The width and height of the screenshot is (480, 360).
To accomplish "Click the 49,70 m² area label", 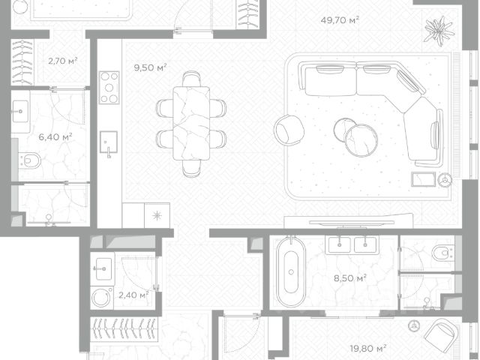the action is coord(340,20).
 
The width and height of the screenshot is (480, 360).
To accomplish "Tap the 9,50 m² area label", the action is coord(150,67).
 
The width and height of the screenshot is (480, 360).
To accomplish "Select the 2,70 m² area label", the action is coord(63,61).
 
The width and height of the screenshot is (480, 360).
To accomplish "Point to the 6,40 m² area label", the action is coord(55,136).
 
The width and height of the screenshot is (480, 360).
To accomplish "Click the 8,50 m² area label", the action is coord(350,278).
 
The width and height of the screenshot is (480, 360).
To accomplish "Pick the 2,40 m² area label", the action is coord(133,295).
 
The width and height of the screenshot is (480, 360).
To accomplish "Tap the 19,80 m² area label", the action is coord(368,348).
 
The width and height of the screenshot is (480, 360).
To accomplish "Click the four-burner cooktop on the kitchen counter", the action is coord(109,88).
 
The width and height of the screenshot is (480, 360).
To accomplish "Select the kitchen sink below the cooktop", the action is coord(108,142).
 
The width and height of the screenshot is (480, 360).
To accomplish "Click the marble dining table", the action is coord(191,123).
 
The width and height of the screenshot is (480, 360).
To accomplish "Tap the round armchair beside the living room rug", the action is coord(289,130).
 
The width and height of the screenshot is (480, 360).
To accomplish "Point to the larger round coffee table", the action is coord(361,140).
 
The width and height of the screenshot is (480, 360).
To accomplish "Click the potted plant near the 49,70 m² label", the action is coord(439,30).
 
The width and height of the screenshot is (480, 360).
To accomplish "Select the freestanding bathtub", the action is coord(291,271).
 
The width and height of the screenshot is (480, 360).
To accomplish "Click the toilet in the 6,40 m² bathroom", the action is coord(30,160).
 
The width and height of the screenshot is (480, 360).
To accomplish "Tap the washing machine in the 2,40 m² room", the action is coord(101,298).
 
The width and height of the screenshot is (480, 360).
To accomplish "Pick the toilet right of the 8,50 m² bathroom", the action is coord(442,253).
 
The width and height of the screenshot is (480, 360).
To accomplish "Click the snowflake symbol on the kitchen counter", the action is coord(157,216).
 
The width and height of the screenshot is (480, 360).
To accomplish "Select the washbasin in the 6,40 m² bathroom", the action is coord(20,112).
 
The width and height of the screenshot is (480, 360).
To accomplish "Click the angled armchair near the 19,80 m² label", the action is coord(441,333).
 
